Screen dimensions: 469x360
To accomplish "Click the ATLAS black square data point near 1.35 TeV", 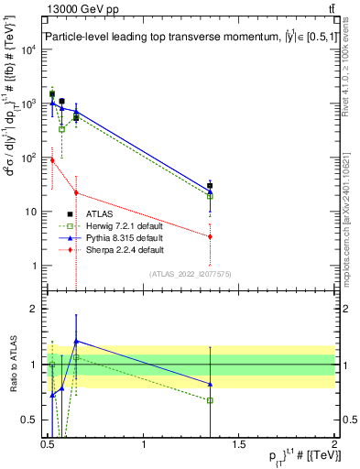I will pyautogui.click(x=211, y=186).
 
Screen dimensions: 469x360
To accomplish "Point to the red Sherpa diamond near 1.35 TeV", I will pyautogui.click(x=211, y=236).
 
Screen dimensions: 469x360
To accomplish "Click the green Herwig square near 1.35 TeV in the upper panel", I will pyautogui.click(x=211, y=196).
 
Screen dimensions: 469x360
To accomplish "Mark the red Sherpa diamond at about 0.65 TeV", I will pyautogui.click(x=76, y=192).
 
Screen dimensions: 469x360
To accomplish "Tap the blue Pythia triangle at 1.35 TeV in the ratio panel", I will pyautogui.click(x=211, y=384).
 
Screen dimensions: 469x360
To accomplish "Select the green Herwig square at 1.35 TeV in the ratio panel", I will pyautogui.click(x=211, y=400).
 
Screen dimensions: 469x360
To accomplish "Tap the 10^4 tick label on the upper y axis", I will pyautogui.click(x=28, y=49).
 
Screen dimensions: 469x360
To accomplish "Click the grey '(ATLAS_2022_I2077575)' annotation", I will pyautogui.click(x=190, y=274).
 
